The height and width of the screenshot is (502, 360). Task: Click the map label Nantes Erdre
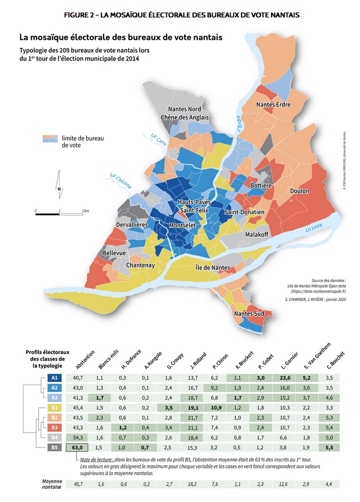pos(273,105)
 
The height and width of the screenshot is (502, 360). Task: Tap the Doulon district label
pos(300,191)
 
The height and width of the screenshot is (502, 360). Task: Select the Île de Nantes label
pos(213,267)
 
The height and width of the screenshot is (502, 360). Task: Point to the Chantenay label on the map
pos(141,265)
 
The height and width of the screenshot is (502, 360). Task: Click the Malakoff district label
pos(259,234)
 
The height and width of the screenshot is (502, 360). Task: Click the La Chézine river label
pos(121,181)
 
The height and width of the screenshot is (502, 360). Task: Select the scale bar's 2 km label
pos(85,210)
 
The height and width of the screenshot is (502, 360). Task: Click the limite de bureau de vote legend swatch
pos(51,140)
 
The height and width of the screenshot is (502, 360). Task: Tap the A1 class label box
pos(55,378)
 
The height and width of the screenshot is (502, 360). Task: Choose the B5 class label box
pos(55,447)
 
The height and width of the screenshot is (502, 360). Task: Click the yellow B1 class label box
pos(55,408)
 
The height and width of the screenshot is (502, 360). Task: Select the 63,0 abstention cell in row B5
pos(77,447)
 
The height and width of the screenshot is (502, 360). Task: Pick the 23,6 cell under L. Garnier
pos(285,378)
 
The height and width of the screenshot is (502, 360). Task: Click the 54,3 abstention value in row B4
pos(77,438)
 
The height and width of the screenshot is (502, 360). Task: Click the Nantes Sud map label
pos(249,314)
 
